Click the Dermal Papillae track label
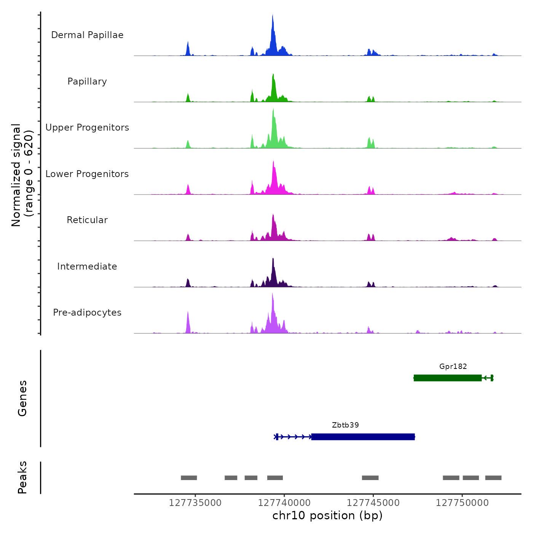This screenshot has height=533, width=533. [87, 35]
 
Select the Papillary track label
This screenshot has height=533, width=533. [87, 81]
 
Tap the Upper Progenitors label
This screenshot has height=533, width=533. [87, 128]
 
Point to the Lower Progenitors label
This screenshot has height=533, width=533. [87, 174]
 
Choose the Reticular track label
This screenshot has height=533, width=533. [87, 220]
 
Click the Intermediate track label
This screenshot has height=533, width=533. [87, 266]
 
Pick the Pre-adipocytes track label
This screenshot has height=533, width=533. [87, 313]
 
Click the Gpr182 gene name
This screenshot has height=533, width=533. [453, 367]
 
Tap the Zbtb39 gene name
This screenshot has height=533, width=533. [345, 425]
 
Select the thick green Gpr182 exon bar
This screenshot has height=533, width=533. [448, 378]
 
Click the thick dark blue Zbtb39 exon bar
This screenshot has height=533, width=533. [363, 437]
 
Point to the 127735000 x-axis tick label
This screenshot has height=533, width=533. [195, 503]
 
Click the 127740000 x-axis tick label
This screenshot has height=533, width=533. [284, 503]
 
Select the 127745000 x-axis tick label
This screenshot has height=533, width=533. [373, 503]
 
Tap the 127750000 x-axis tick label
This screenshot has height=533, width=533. [462, 503]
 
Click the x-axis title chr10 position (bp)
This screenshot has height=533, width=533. [327, 515]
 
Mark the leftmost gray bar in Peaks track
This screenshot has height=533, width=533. [189, 478]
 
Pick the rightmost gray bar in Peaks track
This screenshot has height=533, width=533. [493, 478]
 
